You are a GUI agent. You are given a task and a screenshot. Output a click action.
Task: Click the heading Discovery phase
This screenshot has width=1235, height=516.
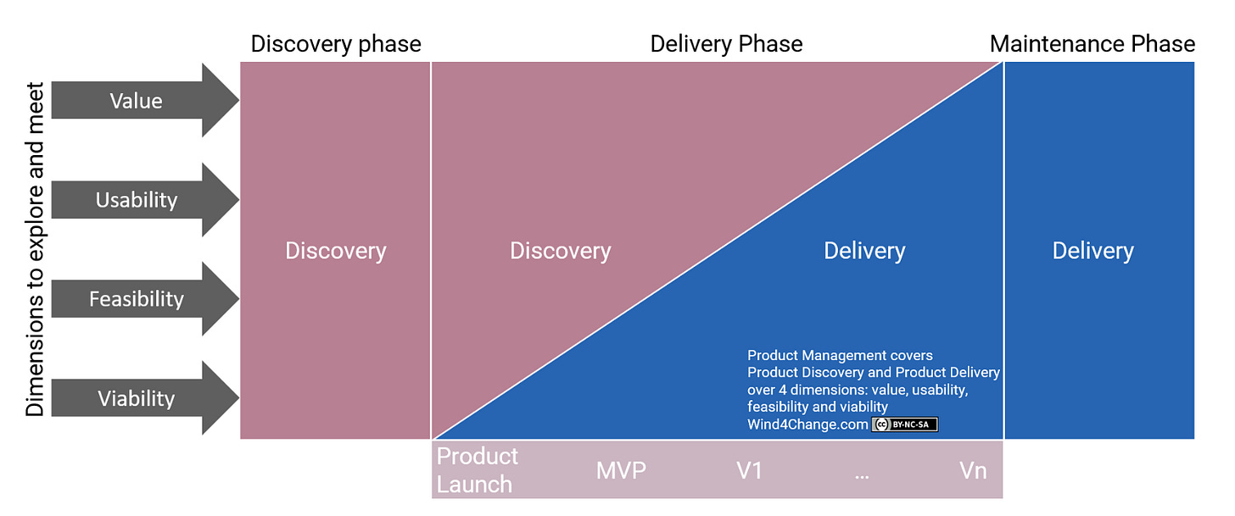336,44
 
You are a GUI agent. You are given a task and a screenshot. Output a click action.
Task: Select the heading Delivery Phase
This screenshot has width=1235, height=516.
726,44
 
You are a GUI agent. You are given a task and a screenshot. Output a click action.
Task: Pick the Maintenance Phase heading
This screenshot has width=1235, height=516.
1092,44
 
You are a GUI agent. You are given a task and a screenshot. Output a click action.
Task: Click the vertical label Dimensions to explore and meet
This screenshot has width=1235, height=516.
35,249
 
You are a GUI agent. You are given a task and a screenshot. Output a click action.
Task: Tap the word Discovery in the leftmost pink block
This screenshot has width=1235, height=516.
336,251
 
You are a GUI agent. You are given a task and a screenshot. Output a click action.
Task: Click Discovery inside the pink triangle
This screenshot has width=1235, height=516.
560,251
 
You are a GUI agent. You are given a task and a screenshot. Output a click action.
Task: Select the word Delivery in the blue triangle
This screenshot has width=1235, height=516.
864,251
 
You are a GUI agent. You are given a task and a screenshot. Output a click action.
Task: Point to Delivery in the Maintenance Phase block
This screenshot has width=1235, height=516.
1092,251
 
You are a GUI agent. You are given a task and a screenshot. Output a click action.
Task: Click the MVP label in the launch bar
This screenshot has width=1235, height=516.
621,470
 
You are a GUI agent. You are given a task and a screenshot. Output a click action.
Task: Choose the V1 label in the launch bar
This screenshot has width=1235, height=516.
749,470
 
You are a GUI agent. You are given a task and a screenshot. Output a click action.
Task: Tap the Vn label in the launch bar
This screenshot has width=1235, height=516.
973,470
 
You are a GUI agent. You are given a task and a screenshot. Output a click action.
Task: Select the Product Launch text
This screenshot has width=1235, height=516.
477,470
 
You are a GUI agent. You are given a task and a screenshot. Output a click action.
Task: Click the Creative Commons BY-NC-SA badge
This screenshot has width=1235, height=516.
904,424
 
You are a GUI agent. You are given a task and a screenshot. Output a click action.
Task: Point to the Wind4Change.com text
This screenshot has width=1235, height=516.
807,424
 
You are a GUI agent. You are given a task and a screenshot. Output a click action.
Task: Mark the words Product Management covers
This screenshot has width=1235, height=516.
840,355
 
